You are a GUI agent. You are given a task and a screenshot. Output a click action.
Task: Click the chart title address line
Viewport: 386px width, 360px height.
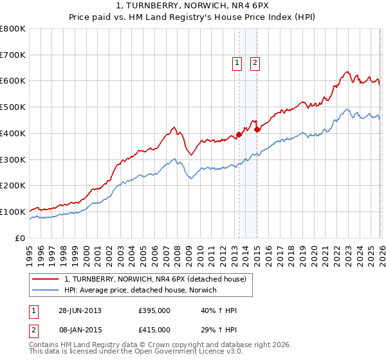[193, 7]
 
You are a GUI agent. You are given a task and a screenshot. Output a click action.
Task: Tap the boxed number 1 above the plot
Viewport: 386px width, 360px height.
[237, 63]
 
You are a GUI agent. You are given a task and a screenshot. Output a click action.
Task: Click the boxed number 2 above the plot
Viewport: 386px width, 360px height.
[255, 63]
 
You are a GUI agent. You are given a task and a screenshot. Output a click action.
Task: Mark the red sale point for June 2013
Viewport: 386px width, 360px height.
[239, 134]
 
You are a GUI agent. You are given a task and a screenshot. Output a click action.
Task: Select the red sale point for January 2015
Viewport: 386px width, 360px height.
[257, 129]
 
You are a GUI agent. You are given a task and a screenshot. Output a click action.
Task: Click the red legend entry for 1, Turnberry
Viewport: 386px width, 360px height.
[155, 279]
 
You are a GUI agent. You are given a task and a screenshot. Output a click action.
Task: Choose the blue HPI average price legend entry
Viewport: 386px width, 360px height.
[141, 291]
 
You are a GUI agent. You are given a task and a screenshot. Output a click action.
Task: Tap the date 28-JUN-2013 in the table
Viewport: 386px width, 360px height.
[80, 310]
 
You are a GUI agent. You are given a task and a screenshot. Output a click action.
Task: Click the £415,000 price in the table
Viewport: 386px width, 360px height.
[154, 329]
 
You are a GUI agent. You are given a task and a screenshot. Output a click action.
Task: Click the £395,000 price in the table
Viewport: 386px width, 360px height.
[154, 310]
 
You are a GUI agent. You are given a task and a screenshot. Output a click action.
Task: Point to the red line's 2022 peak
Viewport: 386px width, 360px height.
[347, 72]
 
